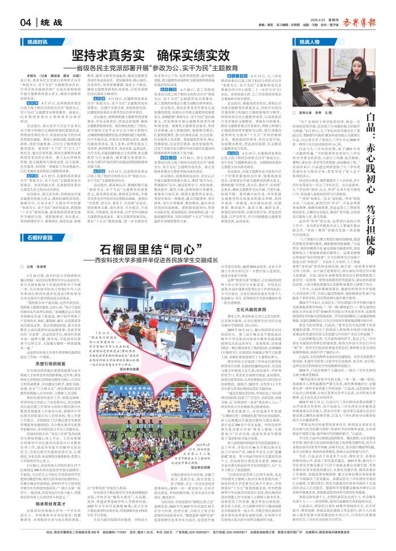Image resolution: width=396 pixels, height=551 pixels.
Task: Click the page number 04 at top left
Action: [x=25, y=23]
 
